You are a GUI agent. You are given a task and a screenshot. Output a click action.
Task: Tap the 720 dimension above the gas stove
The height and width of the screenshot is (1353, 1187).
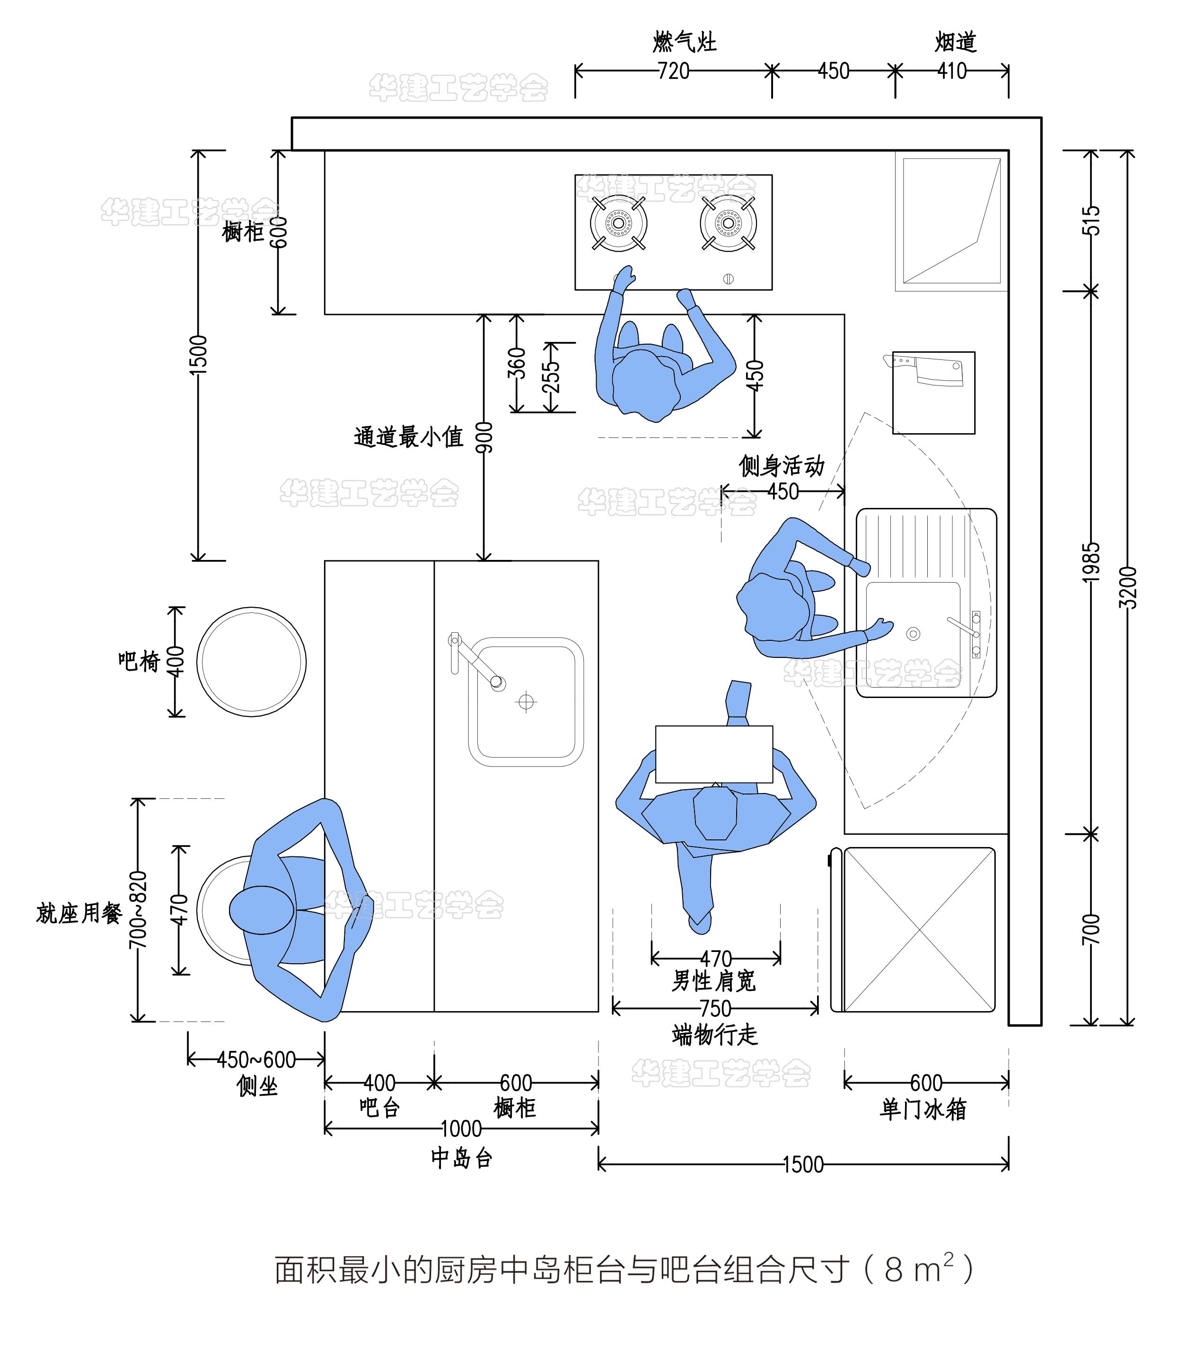[673, 71]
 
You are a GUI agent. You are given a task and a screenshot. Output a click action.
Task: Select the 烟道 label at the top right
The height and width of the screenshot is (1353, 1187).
[955, 43]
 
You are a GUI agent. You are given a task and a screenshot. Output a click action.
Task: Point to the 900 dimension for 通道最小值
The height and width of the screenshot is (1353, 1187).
[484, 437]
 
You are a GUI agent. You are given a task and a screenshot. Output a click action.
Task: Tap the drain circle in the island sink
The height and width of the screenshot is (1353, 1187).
[526, 702]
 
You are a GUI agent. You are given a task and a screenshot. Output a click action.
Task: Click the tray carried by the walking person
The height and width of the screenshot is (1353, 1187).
[713, 754]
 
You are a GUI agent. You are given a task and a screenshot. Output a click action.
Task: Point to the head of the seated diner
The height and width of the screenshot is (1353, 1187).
[262, 910]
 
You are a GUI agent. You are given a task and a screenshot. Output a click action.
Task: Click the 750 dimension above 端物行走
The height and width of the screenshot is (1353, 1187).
[715, 1008]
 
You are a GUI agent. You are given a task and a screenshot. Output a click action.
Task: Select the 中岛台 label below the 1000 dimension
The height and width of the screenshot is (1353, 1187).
[461, 1158]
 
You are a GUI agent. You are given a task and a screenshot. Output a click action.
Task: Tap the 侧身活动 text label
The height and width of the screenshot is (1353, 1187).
[781, 466]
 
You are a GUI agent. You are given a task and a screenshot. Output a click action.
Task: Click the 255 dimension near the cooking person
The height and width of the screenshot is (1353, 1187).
[551, 377]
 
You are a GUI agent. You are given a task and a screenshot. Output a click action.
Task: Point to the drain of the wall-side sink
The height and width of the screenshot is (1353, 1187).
[913, 634]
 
